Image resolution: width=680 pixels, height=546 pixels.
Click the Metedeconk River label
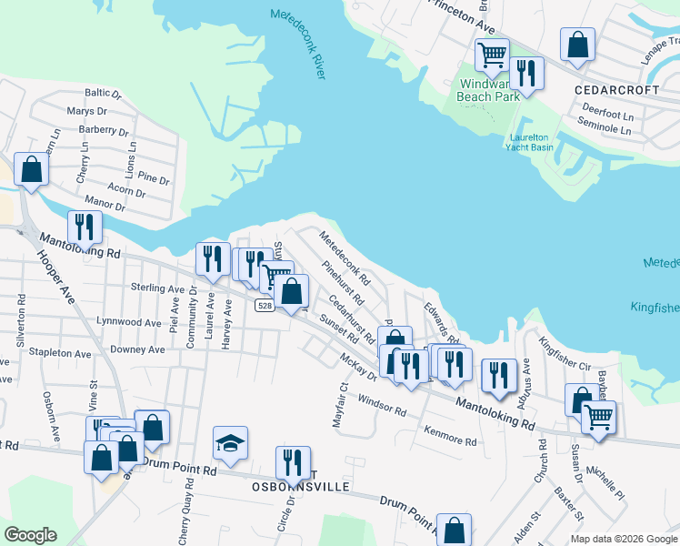tap(296, 43)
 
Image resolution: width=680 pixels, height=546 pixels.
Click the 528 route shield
tap(265, 306)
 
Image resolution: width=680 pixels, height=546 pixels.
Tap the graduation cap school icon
tap(231, 443)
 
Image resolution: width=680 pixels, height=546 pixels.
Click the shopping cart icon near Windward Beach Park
tap(492, 55)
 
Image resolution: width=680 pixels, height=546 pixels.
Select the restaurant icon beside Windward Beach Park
tap(526, 72)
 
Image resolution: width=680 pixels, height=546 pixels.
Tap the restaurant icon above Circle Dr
tap(293, 462)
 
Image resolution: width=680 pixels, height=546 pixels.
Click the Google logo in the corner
tap(30, 535)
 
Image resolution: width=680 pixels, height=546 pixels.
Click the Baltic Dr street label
tap(103, 93)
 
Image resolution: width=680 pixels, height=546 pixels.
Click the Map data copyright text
tap(623, 538)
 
